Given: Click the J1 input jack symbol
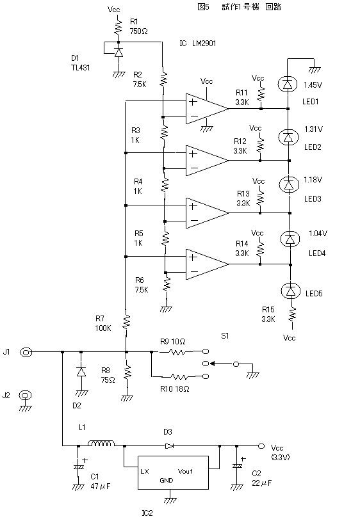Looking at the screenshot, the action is click(26, 352).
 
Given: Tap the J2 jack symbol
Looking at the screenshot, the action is click(26, 396).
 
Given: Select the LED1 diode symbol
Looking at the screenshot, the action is click(287, 84).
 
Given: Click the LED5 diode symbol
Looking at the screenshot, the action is click(291, 291).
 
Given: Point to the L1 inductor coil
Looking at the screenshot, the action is click(101, 444).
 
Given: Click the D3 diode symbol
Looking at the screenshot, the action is click(170, 446).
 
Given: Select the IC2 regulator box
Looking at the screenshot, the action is click(173, 472).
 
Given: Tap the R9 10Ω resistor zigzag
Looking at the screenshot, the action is click(178, 351).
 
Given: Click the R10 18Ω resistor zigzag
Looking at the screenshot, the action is click(179, 377).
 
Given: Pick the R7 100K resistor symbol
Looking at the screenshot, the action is click(126, 321).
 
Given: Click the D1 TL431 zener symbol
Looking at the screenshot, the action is click(119, 52).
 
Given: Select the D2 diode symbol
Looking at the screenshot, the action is click(81, 371).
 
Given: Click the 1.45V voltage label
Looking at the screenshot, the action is click(313, 85).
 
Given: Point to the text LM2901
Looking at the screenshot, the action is click(204, 43).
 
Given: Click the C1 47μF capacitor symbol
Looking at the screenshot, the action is click(78, 467).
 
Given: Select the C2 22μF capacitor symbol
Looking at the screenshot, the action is click(236, 466).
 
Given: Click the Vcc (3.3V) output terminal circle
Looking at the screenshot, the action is click(261, 446).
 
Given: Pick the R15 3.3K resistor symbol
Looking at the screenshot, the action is click(291, 314).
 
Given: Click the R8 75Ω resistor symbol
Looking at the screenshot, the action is click(127, 374).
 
